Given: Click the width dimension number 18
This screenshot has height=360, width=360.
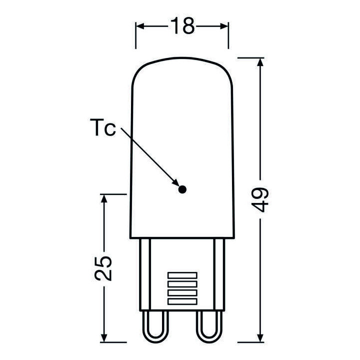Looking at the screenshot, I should coord(182,26).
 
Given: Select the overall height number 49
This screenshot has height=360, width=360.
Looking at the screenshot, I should coord(261,200).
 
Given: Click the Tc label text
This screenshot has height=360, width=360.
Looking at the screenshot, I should coord(103,128).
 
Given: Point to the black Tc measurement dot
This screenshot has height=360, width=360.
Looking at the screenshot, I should coord(182,189).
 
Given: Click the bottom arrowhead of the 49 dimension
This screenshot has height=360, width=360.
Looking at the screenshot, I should coord(260,338).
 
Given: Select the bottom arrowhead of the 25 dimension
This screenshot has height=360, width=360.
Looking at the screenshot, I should coord(104,338).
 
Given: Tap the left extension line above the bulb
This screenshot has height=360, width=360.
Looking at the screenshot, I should coord(136,35).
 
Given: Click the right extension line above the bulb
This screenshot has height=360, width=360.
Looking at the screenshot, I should coord(228,35).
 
